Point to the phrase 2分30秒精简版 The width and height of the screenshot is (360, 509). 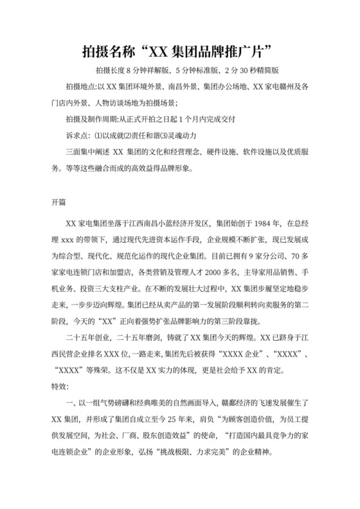pos(264,70)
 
